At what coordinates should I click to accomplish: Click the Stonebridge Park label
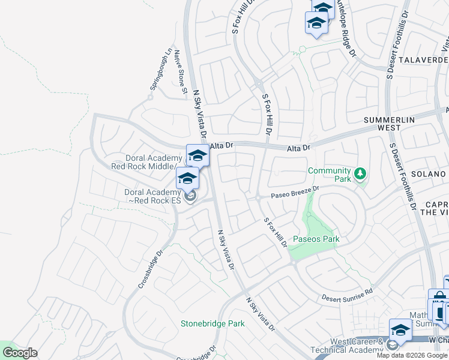[212, 323]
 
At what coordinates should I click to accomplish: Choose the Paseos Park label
[316, 239]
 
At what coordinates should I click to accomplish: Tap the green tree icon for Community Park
[360, 174]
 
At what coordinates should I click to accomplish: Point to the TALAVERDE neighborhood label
[424, 60]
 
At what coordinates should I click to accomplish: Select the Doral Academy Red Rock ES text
[152, 196]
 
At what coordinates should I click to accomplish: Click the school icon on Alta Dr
[197, 156]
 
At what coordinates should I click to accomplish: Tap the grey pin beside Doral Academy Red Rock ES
[191, 197]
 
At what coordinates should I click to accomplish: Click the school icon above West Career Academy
[400, 330]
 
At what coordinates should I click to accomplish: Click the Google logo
[19, 353]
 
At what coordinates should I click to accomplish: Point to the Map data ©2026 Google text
[412, 355]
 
